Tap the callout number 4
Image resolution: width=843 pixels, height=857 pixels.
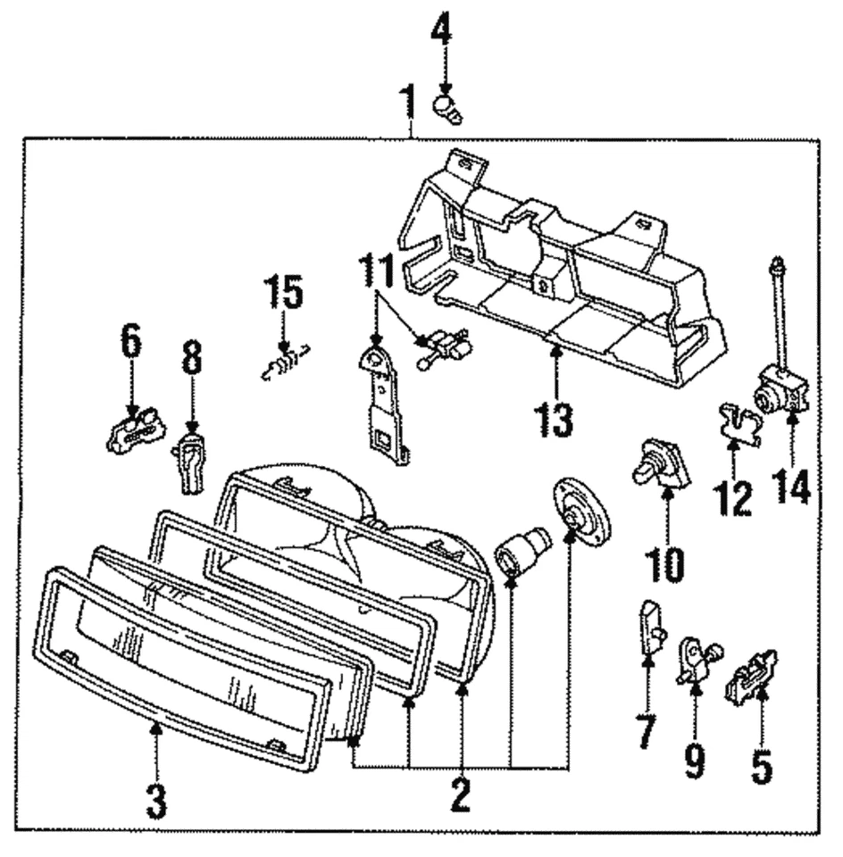(x=441, y=37)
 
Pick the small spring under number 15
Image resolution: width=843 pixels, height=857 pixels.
(x=284, y=362)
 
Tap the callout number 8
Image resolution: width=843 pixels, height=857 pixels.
(x=190, y=359)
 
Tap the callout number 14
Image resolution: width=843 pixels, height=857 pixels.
(x=793, y=487)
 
